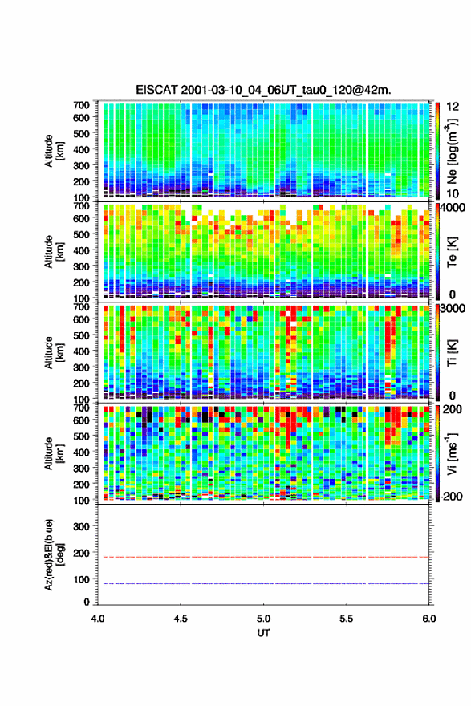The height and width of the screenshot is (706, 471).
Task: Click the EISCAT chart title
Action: click(263, 90)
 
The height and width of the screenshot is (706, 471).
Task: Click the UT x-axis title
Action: click(263, 633)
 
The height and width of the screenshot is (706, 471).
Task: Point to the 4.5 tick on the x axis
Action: click(181, 619)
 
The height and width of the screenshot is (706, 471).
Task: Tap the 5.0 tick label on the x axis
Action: click(263, 619)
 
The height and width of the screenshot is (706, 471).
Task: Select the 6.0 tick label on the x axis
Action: click(429, 619)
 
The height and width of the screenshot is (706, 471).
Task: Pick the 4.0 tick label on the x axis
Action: click(98, 619)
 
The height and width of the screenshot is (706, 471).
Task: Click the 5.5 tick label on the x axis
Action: click(347, 619)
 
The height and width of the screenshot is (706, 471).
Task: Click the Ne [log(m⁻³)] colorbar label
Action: click(452, 151)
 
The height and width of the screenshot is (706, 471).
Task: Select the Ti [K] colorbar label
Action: click(452, 353)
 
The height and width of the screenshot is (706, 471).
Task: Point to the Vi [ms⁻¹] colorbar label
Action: click(452, 454)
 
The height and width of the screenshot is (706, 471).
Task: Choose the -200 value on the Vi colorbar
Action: click(450, 496)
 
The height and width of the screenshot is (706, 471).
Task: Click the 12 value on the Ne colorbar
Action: click(453, 107)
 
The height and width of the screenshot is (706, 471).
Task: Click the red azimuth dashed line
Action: click(263, 557)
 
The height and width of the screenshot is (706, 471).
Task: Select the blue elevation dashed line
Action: click(263, 583)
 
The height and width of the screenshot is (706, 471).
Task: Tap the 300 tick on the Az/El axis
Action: click(82, 526)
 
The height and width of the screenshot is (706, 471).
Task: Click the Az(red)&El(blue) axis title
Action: click(54, 554)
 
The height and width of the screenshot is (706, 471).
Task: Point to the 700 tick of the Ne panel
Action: click(82, 105)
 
